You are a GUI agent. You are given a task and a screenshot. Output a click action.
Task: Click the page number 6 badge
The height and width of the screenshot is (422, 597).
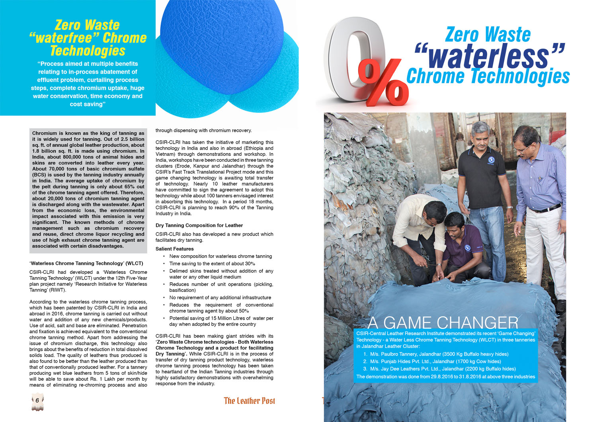pyautogui.click(x=37, y=401)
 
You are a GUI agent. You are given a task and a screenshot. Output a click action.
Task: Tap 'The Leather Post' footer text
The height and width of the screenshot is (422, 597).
pyautogui.click(x=249, y=401)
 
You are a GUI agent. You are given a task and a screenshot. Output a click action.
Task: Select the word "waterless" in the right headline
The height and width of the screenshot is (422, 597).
pyautogui.click(x=490, y=57)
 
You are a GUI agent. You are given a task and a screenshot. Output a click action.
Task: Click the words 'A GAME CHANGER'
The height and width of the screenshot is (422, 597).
pyautogui.click(x=443, y=322)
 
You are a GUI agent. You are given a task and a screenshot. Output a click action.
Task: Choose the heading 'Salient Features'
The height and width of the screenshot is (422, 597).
pyautogui.click(x=174, y=249)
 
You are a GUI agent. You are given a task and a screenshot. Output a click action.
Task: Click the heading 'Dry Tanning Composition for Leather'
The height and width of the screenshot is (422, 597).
pyautogui.click(x=199, y=225)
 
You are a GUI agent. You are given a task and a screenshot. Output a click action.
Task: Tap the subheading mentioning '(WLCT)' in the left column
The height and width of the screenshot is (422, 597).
pyautogui.click(x=86, y=263)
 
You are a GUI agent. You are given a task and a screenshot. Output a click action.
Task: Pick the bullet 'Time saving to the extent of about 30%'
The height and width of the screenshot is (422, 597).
pyautogui.click(x=212, y=264)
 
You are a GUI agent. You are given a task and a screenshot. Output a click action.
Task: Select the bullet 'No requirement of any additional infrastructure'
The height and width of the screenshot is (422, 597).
pyautogui.click(x=220, y=297)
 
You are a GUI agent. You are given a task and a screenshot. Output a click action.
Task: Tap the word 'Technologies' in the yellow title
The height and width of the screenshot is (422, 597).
pyautogui.click(x=88, y=51)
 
